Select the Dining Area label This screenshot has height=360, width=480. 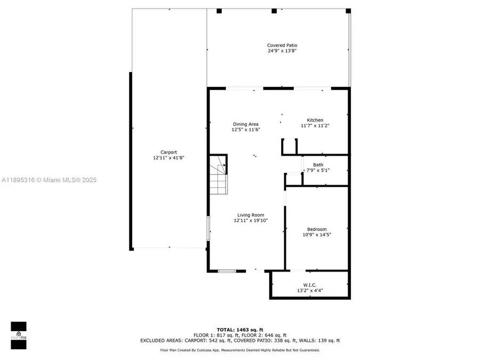pyautogui.click(x=245, y=124)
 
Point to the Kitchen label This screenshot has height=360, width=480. pyautogui.click(x=315, y=120)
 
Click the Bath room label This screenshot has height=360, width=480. pyautogui.click(x=318, y=165)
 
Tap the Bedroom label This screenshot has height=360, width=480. pyautogui.click(x=317, y=229)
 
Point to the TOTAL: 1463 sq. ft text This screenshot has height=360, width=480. pyautogui.click(x=239, y=329)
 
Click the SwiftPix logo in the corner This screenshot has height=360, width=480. pyautogui.click(x=18, y=335)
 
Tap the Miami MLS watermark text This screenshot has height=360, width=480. pyautogui.click(x=49, y=180)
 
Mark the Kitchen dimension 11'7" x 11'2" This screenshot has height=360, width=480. pyautogui.click(x=315, y=126)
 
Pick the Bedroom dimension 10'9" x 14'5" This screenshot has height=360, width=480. pyautogui.click(x=317, y=235)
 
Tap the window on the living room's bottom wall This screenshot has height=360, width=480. pyautogui.click(x=226, y=271)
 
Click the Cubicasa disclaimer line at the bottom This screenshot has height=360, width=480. pyautogui.click(x=239, y=350)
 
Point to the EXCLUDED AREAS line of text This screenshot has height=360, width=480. pyautogui.click(x=239, y=340)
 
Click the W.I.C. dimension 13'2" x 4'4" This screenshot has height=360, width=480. pyautogui.click(x=310, y=291)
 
